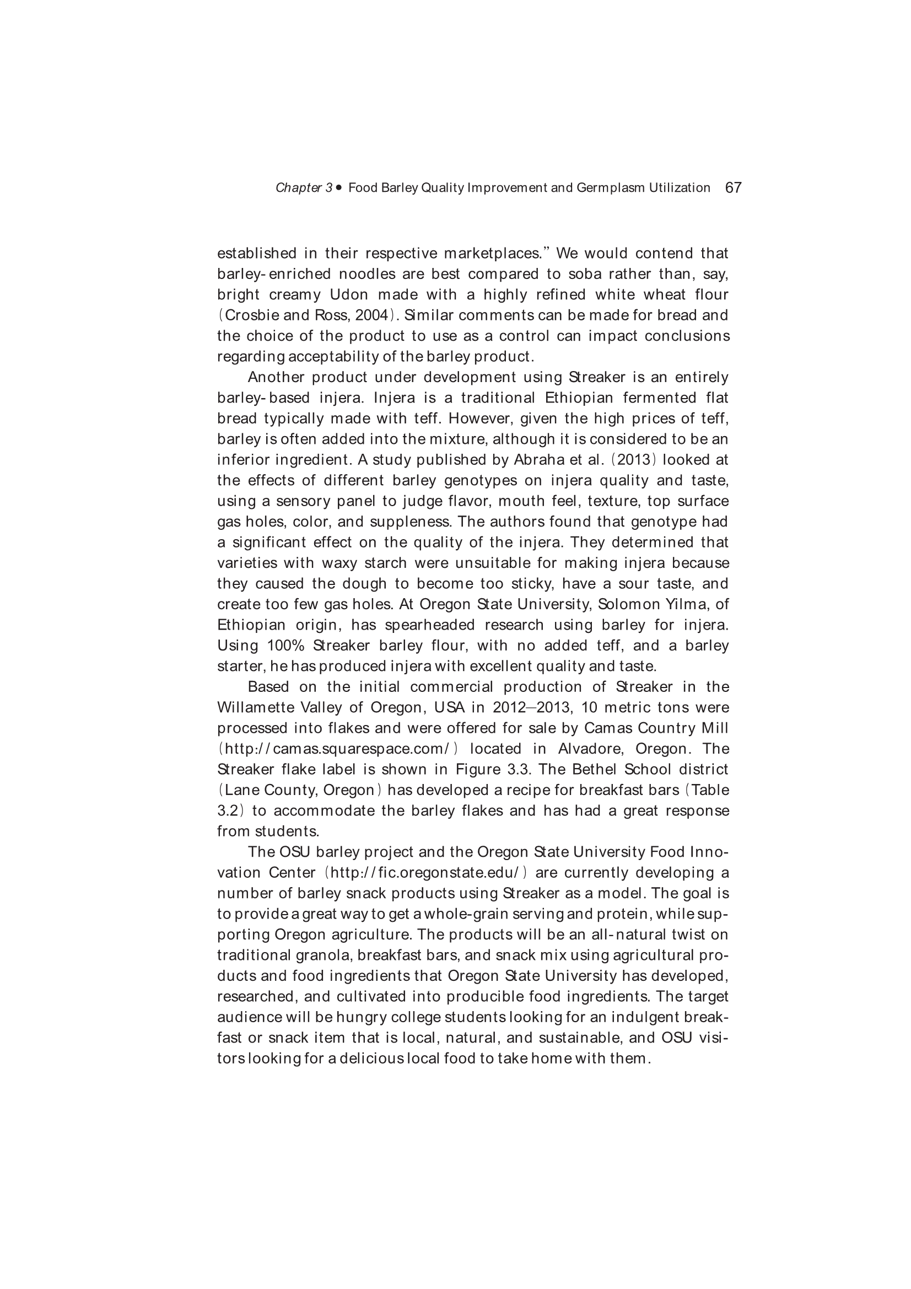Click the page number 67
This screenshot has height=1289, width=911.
[733, 187]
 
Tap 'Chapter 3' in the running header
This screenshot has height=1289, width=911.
[304, 188]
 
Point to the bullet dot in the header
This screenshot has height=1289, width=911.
[339, 188]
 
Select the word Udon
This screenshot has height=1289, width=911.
[348, 295]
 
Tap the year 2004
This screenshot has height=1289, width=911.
[372, 315]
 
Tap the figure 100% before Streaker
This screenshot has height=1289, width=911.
[285, 646]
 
